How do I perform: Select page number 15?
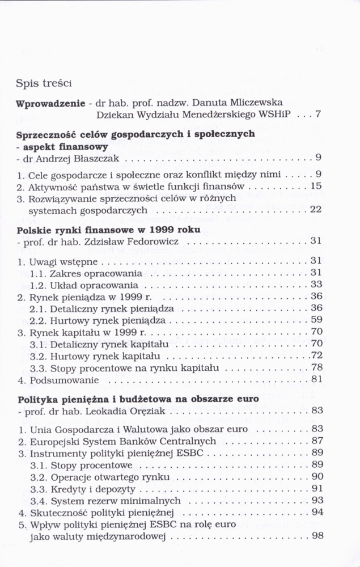click(x=316, y=185)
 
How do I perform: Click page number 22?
click(x=316, y=209)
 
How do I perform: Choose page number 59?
click(x=316, y=320)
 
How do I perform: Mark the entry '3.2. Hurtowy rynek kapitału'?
click(x=94, y=356)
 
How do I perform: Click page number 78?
click(x=316, y=367)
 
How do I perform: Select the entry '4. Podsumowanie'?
click(x=52, y=379)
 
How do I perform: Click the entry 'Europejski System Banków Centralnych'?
click(x=122, y=441)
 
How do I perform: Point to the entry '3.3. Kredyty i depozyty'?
click(x=82, y=488)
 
